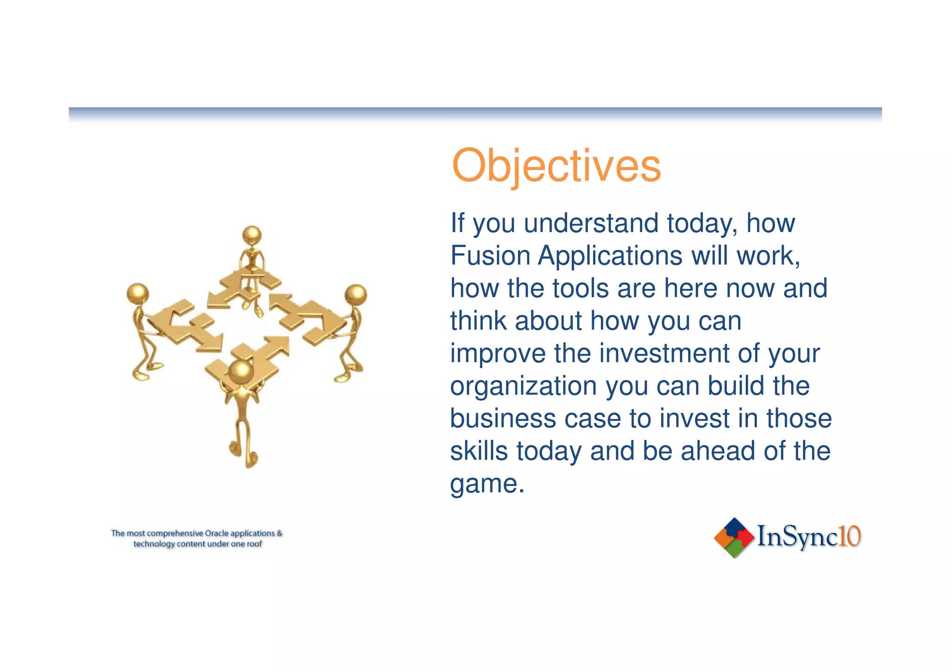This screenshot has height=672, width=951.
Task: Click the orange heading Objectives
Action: (x=556, y=166)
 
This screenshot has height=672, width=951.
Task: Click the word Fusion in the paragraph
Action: (x=490, y=255)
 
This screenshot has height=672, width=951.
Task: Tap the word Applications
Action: (x=610, y=256)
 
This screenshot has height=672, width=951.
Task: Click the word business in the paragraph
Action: (x=503, y=418)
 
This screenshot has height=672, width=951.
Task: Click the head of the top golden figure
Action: (x=252, y=235)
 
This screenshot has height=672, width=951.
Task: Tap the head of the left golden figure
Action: (x=137, y=294)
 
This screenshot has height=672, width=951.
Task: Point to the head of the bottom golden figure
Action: (x=241, y=372)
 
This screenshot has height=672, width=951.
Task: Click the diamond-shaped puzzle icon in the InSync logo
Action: (x=734, y=537)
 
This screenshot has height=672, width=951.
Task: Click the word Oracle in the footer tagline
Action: (x=216, y=533)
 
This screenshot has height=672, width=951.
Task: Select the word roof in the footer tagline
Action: (x=254, y=544)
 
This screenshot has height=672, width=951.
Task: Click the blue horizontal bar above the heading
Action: (x=475, y=112)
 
